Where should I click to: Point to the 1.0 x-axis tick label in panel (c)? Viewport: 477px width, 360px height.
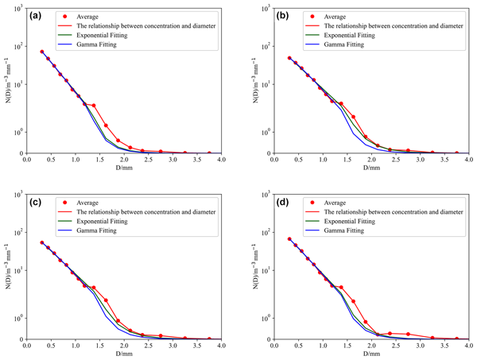[75, 346]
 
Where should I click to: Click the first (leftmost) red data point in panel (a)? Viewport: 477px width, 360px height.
[41, 52]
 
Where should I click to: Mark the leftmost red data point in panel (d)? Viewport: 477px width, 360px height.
[289, 239]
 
